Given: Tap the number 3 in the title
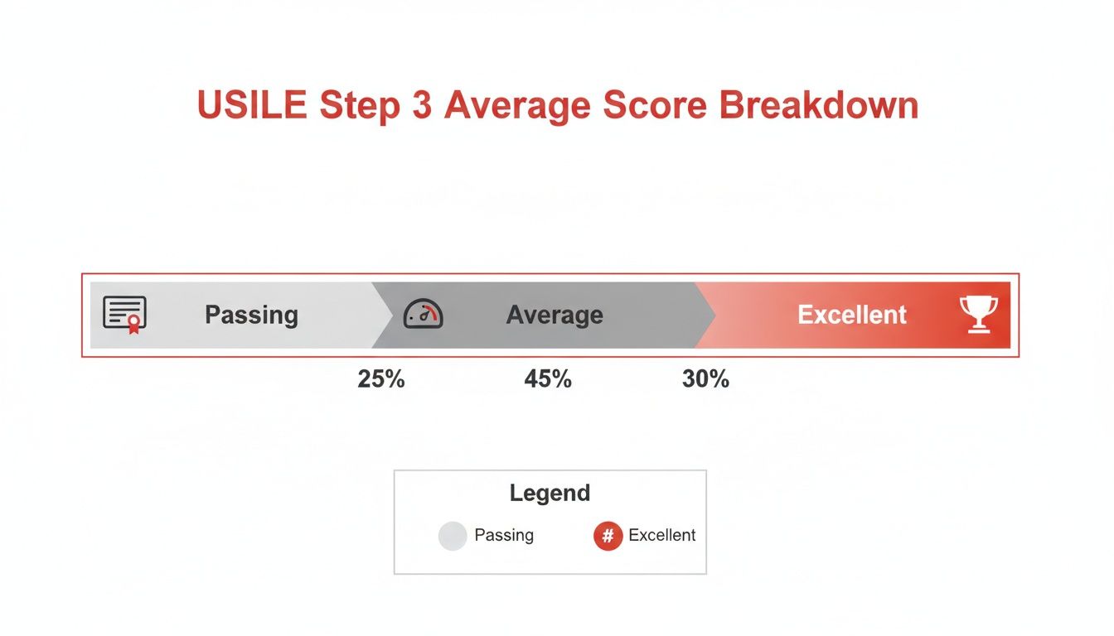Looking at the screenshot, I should [418, 107].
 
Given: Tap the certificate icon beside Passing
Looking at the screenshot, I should [124, 315].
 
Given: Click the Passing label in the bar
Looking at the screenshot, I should [251, 315].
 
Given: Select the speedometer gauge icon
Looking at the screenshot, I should [423, 315].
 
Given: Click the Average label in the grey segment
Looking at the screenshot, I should [555, 315].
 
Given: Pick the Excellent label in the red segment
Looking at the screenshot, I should [852, 315].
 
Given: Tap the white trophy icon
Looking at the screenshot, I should [978, 315].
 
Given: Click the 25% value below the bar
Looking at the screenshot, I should [381, 379].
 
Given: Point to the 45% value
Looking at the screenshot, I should [548, 379].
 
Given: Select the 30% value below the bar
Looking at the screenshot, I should [705, 379].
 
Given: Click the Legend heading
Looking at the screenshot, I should [550, 493].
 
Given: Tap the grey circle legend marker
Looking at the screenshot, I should [453, 536].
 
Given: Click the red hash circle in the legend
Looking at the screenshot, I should [608, 536].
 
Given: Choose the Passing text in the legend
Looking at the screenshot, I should [504, 535].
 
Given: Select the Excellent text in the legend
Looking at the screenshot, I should [661, 535].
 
